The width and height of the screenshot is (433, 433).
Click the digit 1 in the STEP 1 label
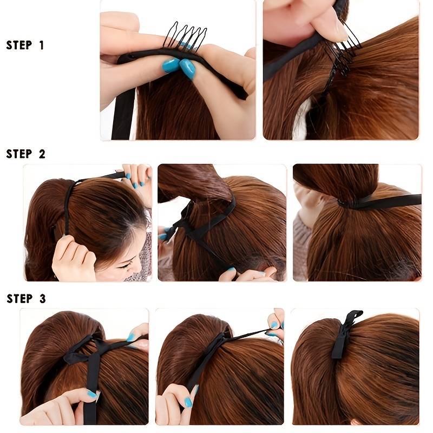42,45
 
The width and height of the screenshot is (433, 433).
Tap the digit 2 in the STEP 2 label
42,154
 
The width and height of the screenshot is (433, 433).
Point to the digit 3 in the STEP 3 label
43,299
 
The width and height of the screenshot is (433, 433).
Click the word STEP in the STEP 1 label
19,45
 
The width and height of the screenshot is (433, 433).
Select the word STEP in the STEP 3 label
19,299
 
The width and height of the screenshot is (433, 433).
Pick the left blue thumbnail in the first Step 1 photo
170,64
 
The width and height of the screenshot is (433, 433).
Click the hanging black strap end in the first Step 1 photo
123,113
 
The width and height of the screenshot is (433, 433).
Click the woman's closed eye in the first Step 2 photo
125,266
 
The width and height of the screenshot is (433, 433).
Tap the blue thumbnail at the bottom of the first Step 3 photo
92,394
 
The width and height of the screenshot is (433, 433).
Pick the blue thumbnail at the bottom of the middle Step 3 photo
188,402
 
